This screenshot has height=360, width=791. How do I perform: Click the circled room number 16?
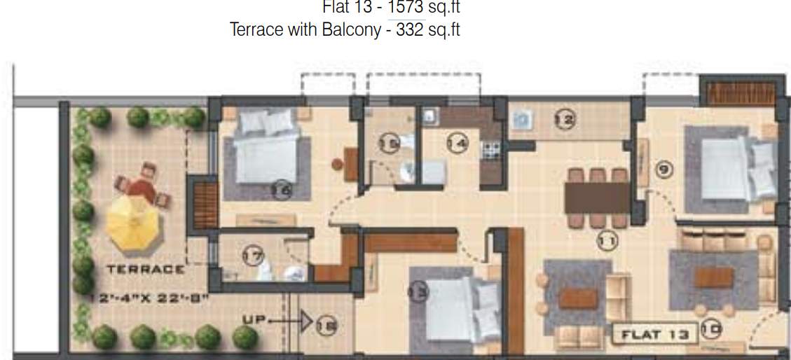click(x=282, y=189)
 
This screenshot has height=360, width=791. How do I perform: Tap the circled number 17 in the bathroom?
click(x=252, y=256)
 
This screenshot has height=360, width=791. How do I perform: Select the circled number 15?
click(x=389, y=144)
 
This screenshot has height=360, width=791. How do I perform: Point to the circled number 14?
click(x=457, y=144)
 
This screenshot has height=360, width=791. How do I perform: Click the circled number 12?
click(x=564, y=120)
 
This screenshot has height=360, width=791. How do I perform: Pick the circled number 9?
click(x=665, y=169)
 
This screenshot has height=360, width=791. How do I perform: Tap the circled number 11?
click(x=607, y=242)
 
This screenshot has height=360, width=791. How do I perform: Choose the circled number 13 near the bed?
click(x=418, y=293)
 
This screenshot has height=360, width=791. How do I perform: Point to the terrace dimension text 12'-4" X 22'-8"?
click(x=149, y=298)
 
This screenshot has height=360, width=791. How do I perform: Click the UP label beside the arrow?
click(x=253, y=319)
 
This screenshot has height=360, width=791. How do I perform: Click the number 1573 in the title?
click(x=406, y=8)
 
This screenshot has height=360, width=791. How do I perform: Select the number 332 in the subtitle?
click(x=410, y=30)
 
